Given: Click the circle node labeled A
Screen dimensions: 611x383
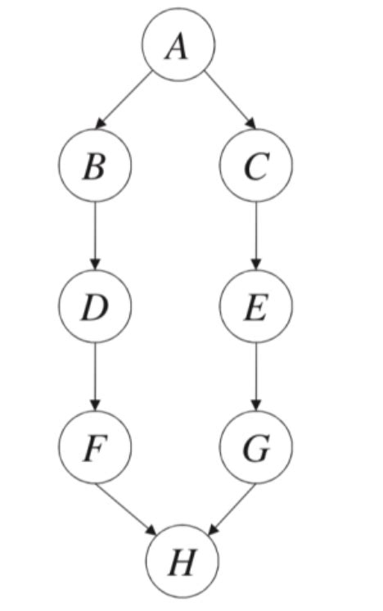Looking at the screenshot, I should [x=179, y=47].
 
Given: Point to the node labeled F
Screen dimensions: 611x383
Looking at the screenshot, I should [x=95, y=447].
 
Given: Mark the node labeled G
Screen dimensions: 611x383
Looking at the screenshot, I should [x=256, y=447].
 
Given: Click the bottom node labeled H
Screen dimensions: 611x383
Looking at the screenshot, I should [x=181, y=563].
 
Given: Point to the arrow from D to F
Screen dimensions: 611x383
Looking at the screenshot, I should [x=95, y=377].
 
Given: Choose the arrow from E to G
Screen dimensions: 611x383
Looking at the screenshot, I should [x=256, y=377].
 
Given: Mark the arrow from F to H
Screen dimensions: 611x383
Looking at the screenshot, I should [x=126, y=509].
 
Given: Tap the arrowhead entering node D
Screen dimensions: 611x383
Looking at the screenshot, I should [x=95, y=265].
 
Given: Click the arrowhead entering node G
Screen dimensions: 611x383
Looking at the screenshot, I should [x=256, y=405].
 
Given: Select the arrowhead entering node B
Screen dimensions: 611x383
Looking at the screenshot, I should [x=101, y=124].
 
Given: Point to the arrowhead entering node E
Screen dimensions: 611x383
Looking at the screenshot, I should [x=256, y=265].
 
